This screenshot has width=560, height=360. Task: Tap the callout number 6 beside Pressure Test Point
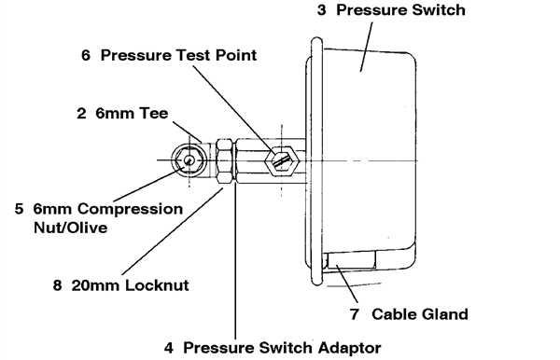click(86, 55)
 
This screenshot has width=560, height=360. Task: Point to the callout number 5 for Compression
click(19, 209)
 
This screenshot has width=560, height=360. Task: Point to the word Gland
click(445, 314)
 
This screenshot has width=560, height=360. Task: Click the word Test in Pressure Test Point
click(199, 55)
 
